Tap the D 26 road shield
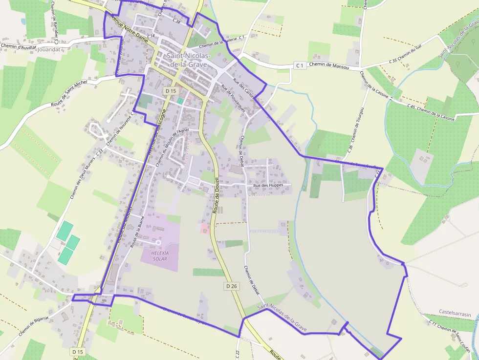click(232, 286)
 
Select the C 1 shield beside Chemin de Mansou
click(300, 65)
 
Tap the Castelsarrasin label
click(455, 314)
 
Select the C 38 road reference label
click(176, 21)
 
